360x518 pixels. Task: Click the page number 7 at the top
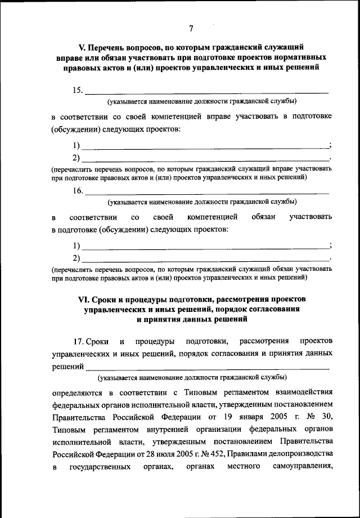coord(191,29)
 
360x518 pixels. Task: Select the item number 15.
coord(78,90)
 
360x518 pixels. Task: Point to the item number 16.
coord(78,191)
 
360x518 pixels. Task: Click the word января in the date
coord(254,416)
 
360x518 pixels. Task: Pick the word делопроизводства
coord(297,453)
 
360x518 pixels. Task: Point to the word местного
coord(243,466)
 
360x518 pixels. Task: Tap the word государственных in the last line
coord(101,466)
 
